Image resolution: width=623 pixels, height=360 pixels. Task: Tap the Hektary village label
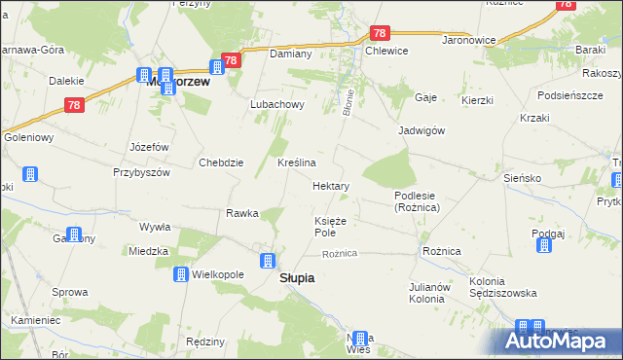pos(331,185)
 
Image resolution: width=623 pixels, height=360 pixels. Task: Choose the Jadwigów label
pos(421,130)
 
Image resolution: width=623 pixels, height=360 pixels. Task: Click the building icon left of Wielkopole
pos(181,275)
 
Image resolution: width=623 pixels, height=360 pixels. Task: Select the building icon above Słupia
pos(268,260)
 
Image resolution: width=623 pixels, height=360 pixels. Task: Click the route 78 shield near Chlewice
pos(380,33)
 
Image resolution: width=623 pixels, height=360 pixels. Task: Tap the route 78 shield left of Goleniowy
pos(74,106)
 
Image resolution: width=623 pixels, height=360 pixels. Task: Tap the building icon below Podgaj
pos(543,244)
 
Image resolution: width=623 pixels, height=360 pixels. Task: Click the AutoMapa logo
pos(559,342)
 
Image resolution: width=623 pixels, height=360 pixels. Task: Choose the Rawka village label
pos(241,213)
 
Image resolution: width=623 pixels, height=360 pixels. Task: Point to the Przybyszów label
pos(141,171)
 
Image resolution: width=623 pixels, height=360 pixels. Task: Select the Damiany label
pos(290,54)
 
